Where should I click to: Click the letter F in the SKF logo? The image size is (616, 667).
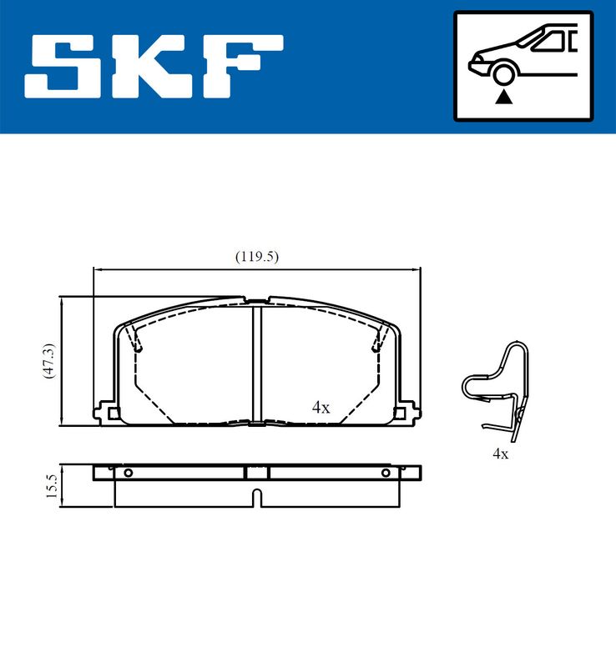243,68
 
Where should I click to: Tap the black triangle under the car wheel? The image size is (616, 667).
504,97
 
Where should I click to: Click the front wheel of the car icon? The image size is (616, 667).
503,74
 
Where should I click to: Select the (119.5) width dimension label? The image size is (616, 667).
257,257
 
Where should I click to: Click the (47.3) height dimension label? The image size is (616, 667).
49,361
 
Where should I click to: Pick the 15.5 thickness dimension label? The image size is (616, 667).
51,486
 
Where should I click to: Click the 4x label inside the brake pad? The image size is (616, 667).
321,408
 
